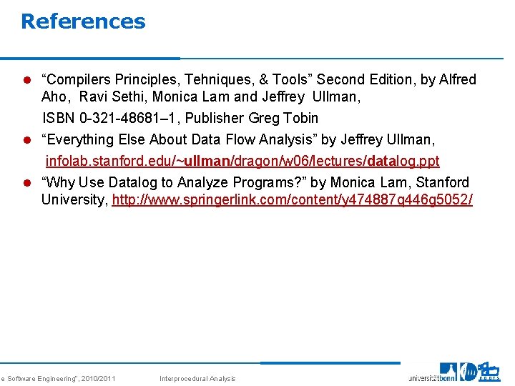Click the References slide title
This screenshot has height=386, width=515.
coord(83,21)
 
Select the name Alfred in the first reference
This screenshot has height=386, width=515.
coord(456,79)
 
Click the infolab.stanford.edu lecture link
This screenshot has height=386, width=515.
coord(242,161)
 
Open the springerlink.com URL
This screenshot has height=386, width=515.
coord(292,199)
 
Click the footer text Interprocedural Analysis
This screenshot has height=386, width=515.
coord(197,378)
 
